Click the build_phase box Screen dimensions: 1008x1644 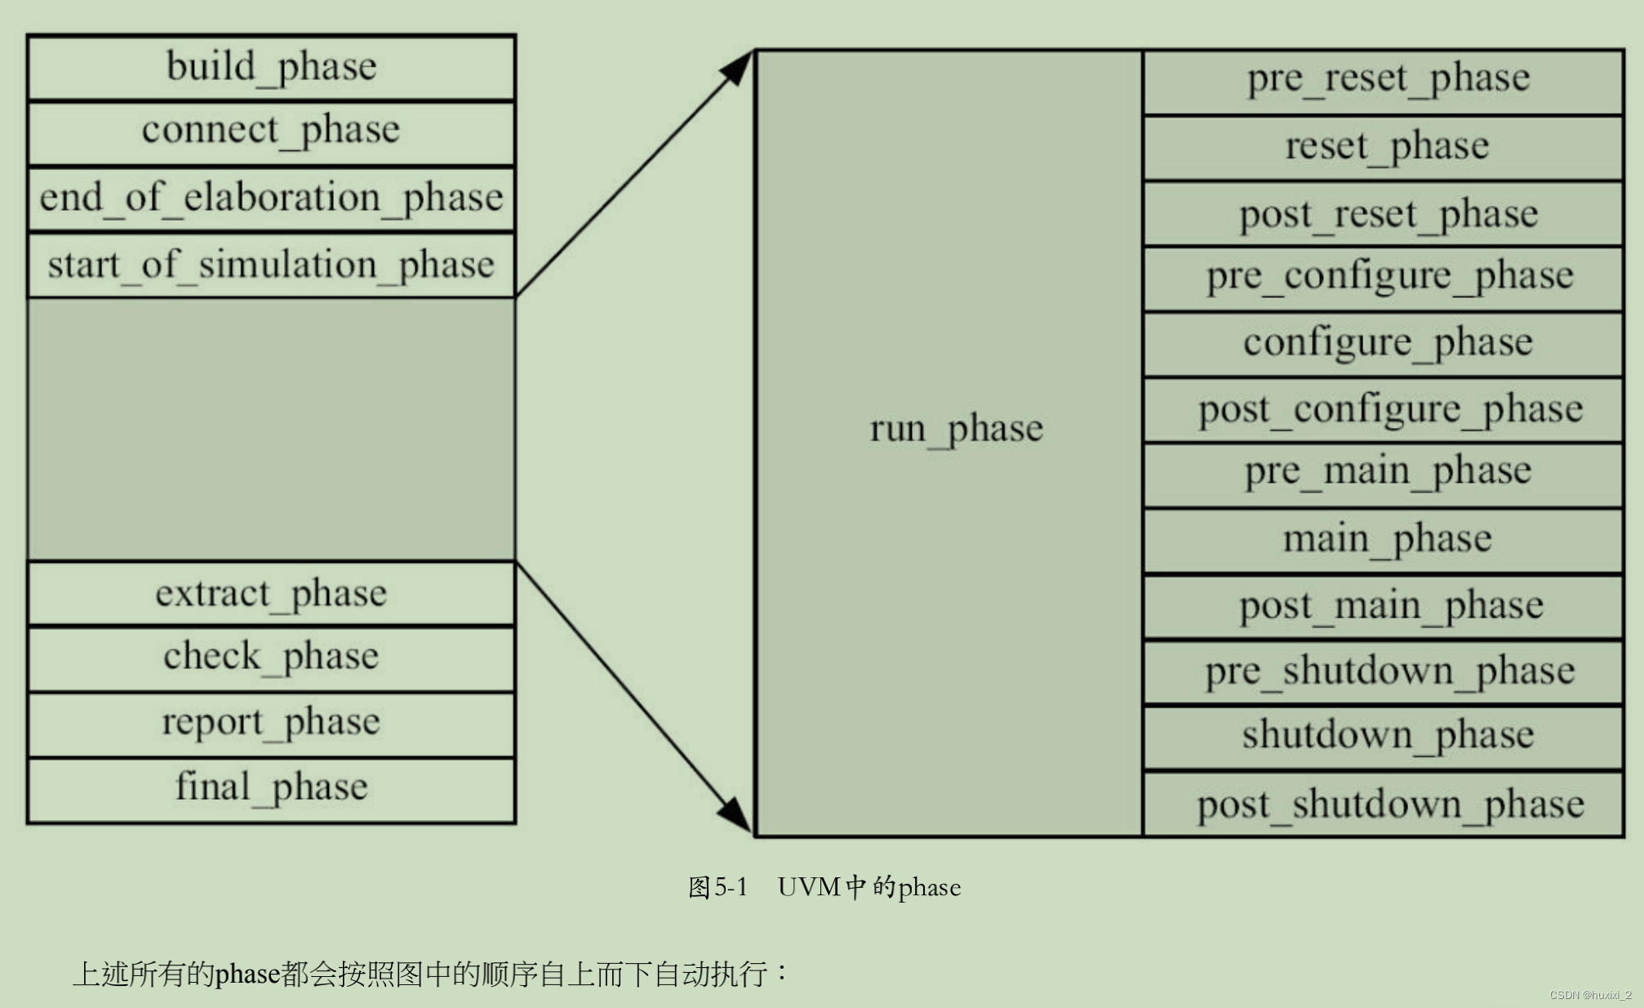[271, 68]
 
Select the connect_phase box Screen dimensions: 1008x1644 [271, 133]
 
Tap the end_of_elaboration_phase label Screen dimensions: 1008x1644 [271, 198]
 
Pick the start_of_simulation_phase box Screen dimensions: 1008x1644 [271, 265]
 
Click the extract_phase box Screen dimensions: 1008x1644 [271, 594]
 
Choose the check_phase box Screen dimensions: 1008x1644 [271, 658]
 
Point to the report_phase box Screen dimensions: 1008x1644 [271, 724]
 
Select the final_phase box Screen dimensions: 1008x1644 [271, 789]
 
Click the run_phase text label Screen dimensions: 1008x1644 [956, 429]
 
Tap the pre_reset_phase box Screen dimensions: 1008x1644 [1387, 80]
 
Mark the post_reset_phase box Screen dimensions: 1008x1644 [1387, 215]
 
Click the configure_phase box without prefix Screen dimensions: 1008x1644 [1387, 343]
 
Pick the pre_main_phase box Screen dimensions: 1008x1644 [1387, 473]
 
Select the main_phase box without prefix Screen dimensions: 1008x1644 [1387, 540]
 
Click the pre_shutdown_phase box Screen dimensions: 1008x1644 [1387, 672]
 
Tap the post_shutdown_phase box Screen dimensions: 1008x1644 [1387, 805]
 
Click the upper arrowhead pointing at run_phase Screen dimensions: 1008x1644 [736, 67]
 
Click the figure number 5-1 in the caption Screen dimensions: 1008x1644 [731, 887]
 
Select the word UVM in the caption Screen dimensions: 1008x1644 [809, 887]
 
